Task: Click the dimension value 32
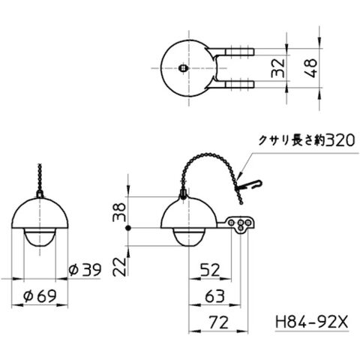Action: tap(278, 67)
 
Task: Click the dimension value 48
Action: tap(310, 68)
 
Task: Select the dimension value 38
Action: tap(119, 212)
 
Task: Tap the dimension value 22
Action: tap(119, 266)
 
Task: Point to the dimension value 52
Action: tap(210, 270)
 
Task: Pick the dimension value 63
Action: tap(214, 296)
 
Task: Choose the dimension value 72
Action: tap(219, 322)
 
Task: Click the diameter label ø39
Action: tap(85, 270)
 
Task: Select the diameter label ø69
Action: tap(40, 296)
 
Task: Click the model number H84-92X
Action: tap(311, 322)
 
